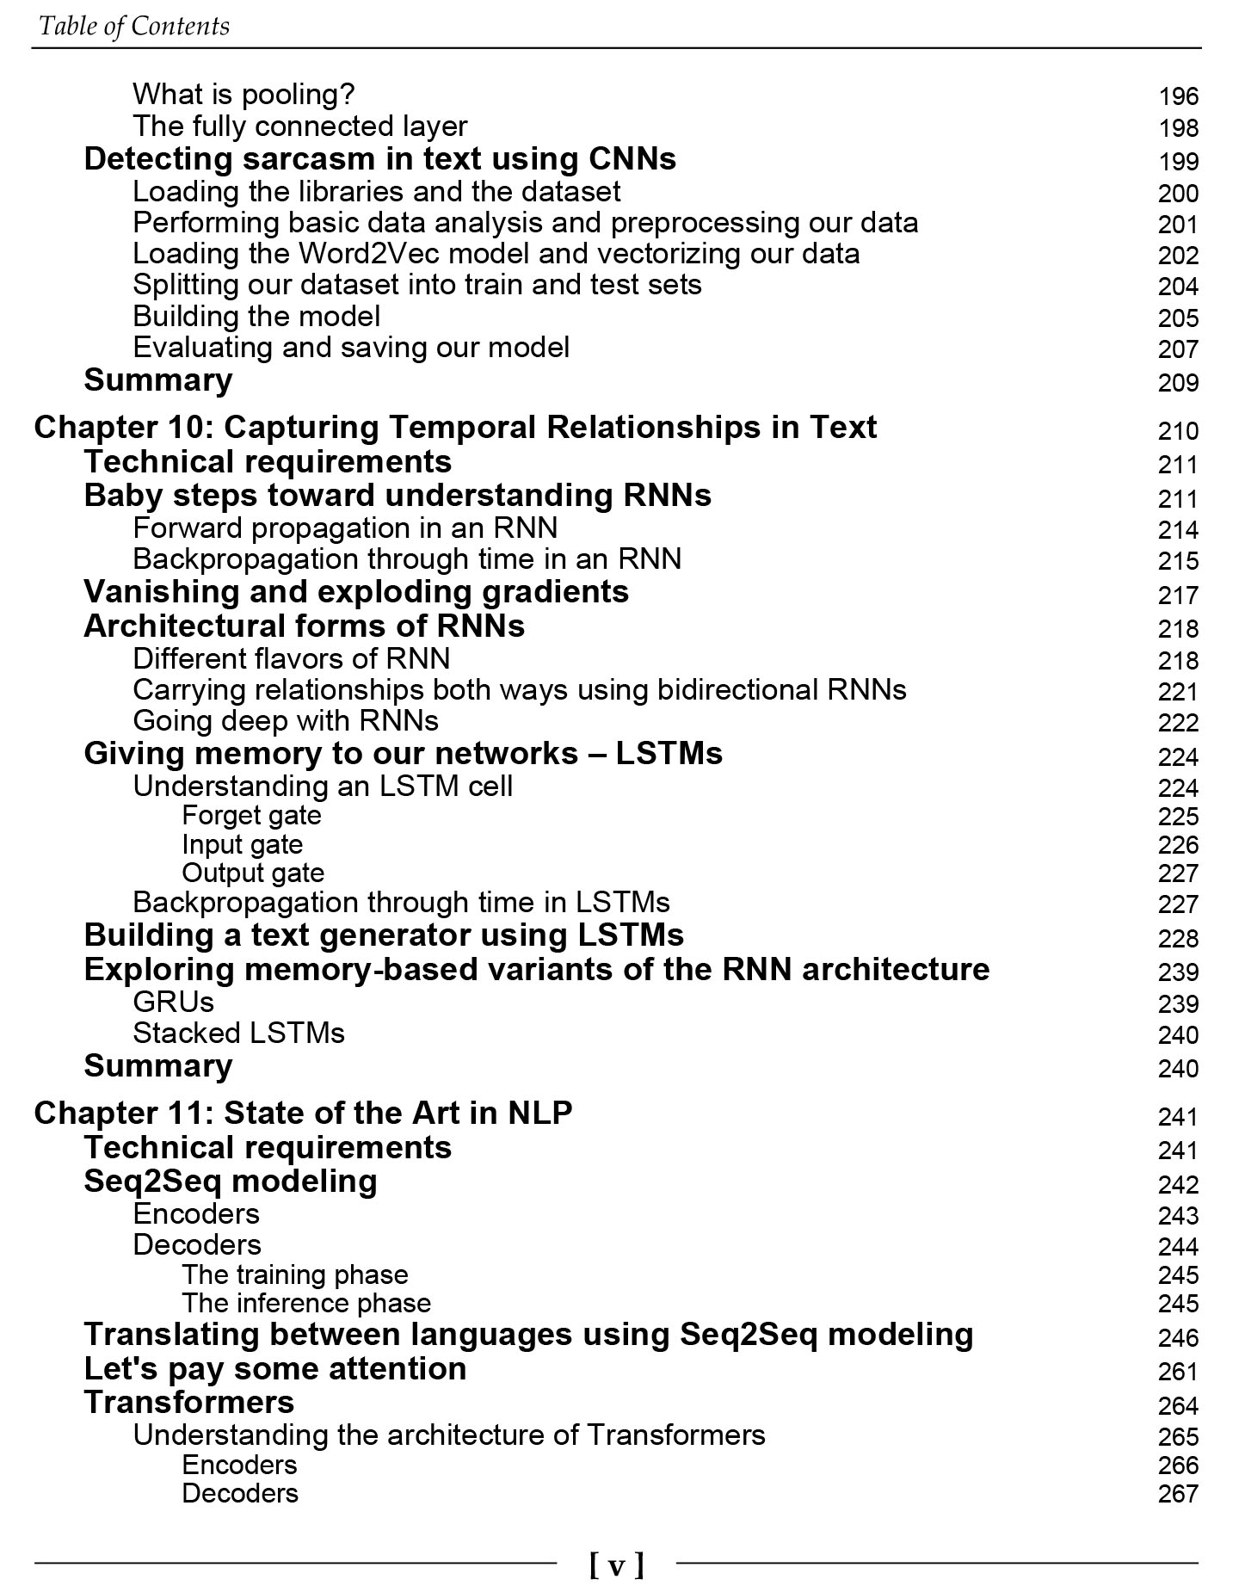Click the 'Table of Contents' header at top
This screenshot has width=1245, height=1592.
[134, 26]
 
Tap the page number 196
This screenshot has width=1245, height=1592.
[1177, 96]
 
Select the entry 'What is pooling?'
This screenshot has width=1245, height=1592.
[243, 95]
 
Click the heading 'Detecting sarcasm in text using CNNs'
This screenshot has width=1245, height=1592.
[379, 159]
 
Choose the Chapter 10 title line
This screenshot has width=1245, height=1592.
[454, 428]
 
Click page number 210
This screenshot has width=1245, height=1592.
[1177, 431]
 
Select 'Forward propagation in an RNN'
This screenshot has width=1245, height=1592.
[345, 528]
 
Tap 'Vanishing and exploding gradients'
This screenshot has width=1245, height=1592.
[355, 592]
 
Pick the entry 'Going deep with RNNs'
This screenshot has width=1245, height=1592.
[285, 720]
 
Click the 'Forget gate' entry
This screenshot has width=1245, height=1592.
[251, 815]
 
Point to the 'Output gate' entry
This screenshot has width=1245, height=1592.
[253, 873]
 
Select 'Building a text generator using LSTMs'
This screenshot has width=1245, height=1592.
[383, 935]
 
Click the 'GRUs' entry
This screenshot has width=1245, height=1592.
[173, 1003]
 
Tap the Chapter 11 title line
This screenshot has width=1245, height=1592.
[302, 1114]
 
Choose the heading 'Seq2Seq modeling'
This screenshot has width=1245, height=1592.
[230, 1182]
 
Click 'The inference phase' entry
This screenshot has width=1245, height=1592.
[306, 1304]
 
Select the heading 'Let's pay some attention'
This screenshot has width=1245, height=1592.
[274, 1369]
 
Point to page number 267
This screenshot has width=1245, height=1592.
[1177, 1494]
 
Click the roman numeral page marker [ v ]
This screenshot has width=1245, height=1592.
[616, 1564]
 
